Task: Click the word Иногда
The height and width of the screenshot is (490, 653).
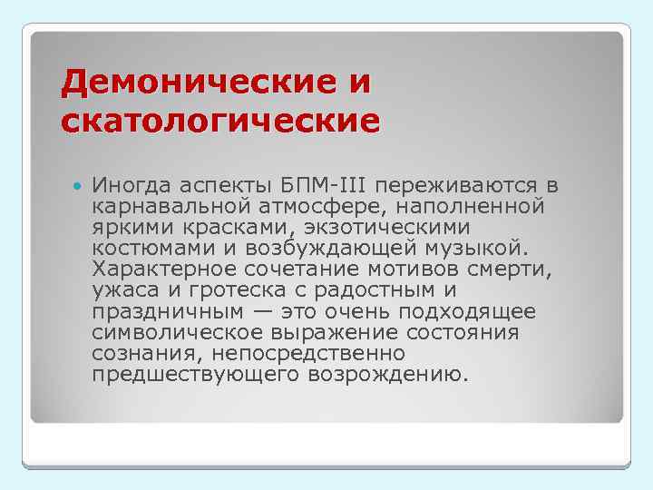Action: [x=131, y=186]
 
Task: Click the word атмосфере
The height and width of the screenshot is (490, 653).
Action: [x=329, y=207]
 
